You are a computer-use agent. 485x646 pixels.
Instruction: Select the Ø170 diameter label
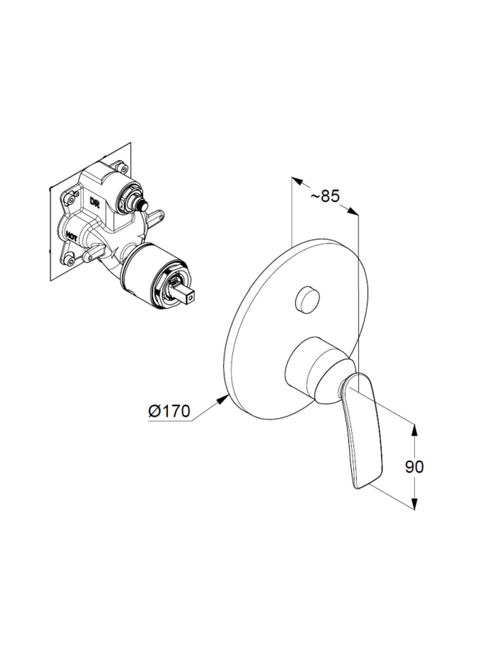click(x=169, y=411)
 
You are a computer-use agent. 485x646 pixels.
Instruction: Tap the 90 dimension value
click(x=414, y=466)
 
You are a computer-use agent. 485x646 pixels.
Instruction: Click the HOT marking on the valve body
click(x=72, y=236)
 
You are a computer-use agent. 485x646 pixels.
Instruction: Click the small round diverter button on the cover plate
click(x=307, y=298)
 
